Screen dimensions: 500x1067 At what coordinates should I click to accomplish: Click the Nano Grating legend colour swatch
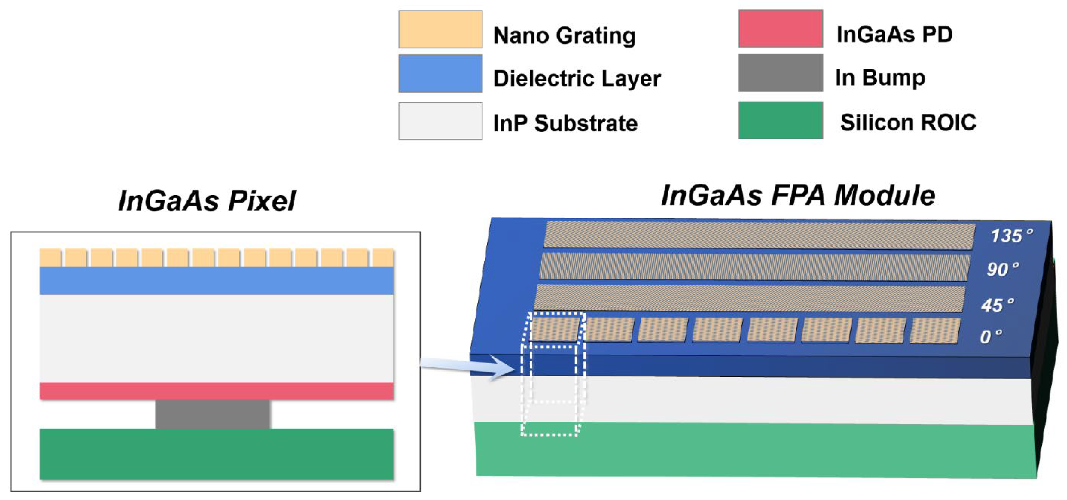click(x=440, y=29)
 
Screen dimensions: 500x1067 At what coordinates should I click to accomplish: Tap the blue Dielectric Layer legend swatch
click(x=440, y=73)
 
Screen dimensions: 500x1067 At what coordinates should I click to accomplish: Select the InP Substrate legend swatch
click(x=440, y=121)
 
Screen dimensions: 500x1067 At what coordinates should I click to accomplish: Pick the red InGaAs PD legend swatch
click(x=780, y=29)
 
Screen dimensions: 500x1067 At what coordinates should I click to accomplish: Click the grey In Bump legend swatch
click(x=780, y=72)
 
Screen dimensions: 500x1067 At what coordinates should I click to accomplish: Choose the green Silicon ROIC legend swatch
click(x=780, y=120)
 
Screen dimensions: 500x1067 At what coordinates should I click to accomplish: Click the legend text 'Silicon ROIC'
click(x=908, y=122)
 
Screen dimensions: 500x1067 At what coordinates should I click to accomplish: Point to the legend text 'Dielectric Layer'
click(x=577, y=78)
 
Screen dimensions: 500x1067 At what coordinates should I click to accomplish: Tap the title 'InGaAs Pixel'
click(x=207, y=201)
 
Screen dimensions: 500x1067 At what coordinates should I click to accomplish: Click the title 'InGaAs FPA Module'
click(x=798, y=195)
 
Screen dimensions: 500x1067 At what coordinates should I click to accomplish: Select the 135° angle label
click(x=1011, y=236)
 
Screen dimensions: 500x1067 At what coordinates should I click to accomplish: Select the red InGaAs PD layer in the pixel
click(x=216, y=391)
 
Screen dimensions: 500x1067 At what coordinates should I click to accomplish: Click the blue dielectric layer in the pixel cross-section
click(x=216, y=280)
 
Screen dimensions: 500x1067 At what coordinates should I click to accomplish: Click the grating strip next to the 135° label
click(x=759, y=236)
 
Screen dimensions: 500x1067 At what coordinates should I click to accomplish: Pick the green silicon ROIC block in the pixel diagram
click(x=216, y=454)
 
